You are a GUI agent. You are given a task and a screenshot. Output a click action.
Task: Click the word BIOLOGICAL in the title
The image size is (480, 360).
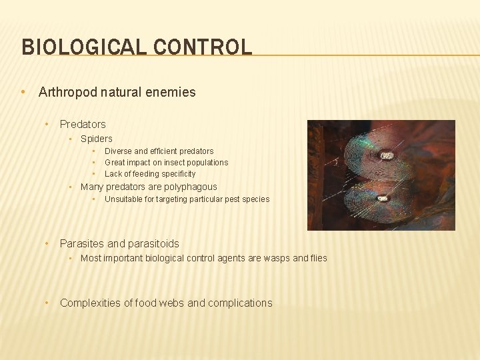pyautogui.click(x=85, y=47)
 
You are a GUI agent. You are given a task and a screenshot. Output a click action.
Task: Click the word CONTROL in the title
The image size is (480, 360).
pyautogui.click(x=203, y=47)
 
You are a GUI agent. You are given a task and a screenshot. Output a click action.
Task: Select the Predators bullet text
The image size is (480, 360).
pyautogui.click(x=83, y=124)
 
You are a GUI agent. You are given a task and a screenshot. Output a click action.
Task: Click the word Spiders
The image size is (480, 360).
pyautogui.click(x=96, y=139)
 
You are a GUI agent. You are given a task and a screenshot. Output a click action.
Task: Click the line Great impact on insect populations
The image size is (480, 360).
pyautogui.click(x=166, y=163)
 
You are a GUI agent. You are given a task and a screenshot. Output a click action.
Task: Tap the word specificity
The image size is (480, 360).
pyautogui.click(x=176, y=174)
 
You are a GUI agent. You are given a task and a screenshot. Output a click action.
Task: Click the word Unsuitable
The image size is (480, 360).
pyautogui.click(x=125, y=199)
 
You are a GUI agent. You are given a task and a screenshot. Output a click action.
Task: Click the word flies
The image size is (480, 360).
pyautogui.click(x=319, y=259)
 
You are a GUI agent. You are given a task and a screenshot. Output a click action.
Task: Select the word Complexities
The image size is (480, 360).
pyautogui.click(x=90, y=303)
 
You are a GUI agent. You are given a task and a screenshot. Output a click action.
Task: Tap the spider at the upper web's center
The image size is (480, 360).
pyautogui.click(x=386, y=156)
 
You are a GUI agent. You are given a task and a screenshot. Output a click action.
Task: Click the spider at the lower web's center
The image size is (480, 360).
pyautogui.click(x=383, y=198)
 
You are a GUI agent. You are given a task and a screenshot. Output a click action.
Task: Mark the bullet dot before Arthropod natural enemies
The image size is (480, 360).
pyautogui.click(x=24, y=93)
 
